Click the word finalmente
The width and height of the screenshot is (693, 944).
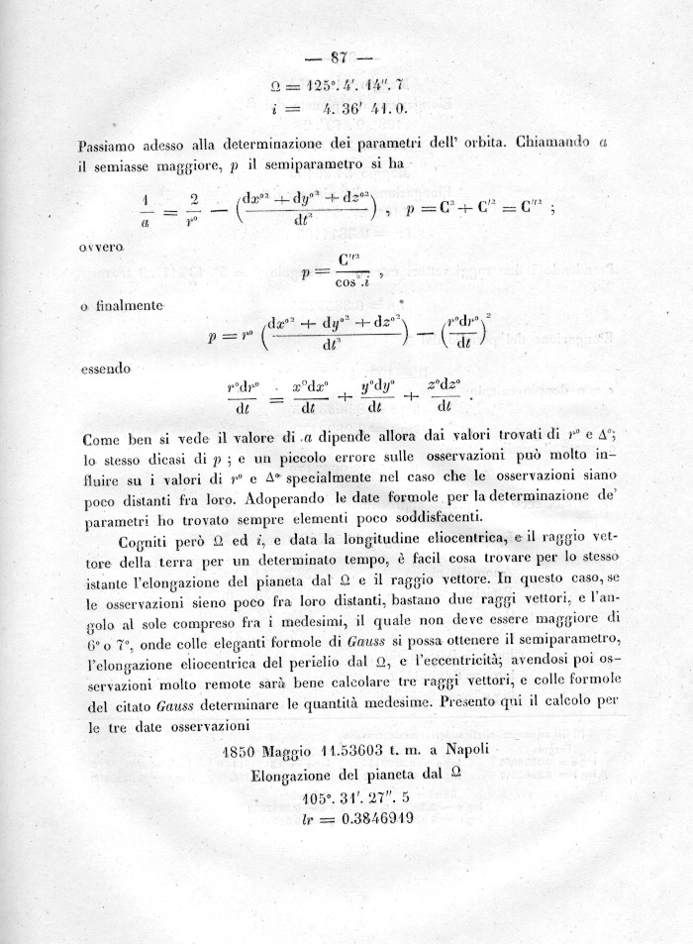click(x=129, y=307)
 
